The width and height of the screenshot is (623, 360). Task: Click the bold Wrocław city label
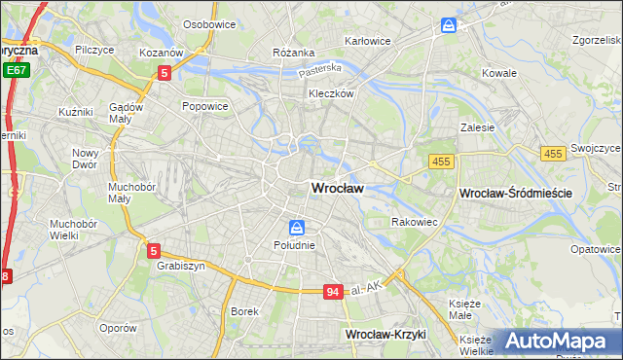[338, 188]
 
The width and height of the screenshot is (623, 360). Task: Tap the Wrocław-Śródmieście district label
[515, 194]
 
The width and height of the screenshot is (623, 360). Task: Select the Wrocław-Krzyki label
[385, 334]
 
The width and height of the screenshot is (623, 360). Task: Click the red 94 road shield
[334, 291]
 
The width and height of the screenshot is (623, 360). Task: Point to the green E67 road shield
[15, 70]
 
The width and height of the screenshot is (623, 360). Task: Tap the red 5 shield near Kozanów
[165, 72]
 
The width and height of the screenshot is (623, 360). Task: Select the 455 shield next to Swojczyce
[554, 154]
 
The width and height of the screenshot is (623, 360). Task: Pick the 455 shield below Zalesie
[441, 160]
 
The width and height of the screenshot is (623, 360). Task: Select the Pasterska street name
[320, 70]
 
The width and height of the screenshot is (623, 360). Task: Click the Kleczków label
[331, 93]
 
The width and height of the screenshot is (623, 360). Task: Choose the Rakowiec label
[413, 222]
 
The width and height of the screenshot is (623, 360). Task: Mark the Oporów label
[117, 328]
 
